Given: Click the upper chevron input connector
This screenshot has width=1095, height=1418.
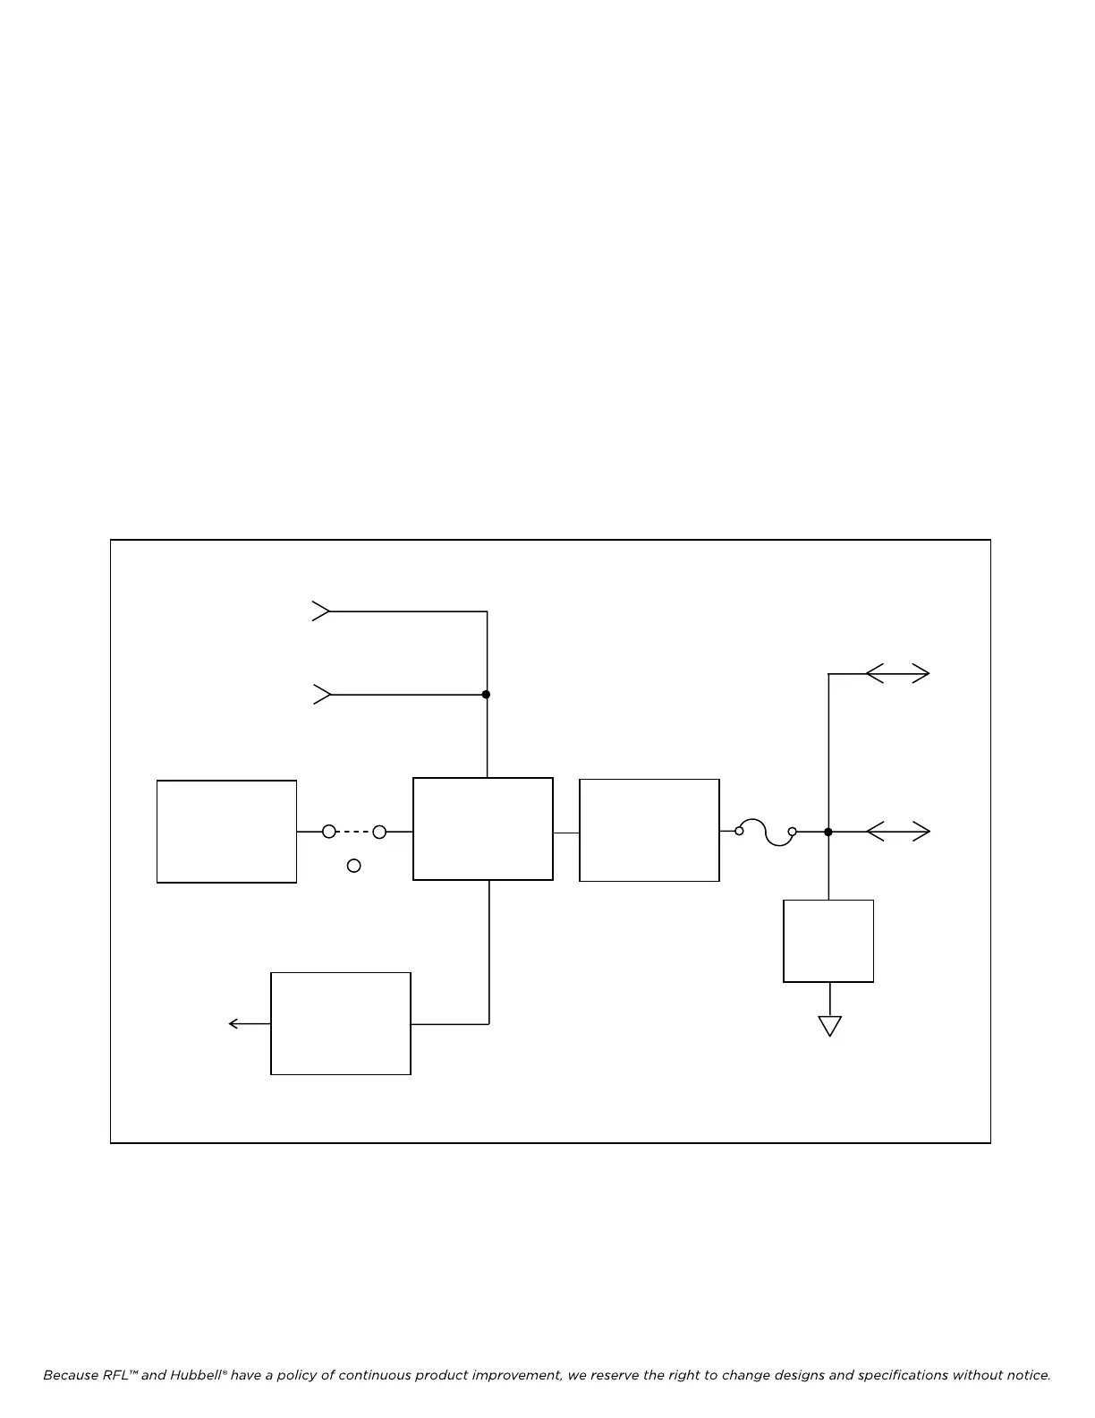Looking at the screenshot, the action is [321, 611].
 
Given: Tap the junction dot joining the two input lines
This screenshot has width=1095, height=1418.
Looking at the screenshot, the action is [486, 695].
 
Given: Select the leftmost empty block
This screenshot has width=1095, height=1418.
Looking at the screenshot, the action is [226, 832].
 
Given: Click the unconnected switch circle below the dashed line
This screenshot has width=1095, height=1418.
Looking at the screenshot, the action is [354, 866].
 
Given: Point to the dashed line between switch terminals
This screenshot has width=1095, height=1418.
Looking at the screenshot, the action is [354, 832].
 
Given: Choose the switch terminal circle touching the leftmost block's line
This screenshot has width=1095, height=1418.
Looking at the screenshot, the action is [329, 832].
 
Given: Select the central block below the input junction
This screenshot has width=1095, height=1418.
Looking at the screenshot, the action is [483, 829].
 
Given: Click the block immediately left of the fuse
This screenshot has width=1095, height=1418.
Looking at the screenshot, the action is [649, 831].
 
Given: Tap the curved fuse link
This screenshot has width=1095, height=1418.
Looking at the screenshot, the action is [765, 832].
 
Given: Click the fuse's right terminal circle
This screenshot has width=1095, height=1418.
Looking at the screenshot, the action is [792, 832].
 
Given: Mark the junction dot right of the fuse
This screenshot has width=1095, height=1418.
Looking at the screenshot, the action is [828, 832].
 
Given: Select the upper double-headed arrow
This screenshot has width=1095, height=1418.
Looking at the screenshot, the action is [898, 673].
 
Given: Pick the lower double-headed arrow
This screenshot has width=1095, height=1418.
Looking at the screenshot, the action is [898, 832].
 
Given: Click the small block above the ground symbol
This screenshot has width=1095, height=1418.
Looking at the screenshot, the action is [828, 941].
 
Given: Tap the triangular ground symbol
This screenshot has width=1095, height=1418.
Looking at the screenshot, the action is [830, 1026].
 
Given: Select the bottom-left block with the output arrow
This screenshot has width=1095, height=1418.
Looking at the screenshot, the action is [341, 1023].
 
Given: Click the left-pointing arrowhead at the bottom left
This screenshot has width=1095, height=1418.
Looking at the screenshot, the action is [234, 1023].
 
